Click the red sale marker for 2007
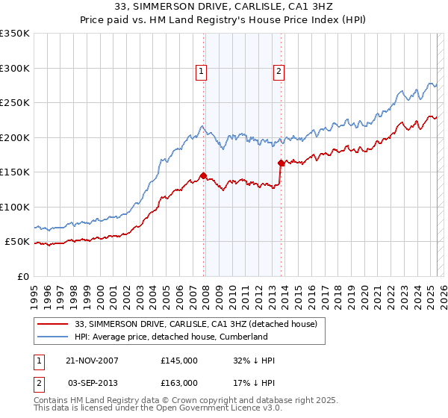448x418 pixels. tap(203, 176)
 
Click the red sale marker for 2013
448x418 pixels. tap(280, 163)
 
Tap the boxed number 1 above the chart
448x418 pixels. tap(202, 72)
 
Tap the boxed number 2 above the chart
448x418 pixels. tap(279, 72)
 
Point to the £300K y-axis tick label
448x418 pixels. tap(14, 68)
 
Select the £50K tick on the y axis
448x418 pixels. tap(17, 242)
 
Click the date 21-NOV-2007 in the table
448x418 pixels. tap(92, 361)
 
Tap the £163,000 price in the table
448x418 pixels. tap(178, 382)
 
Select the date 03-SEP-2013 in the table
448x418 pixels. tap(93, 382)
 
